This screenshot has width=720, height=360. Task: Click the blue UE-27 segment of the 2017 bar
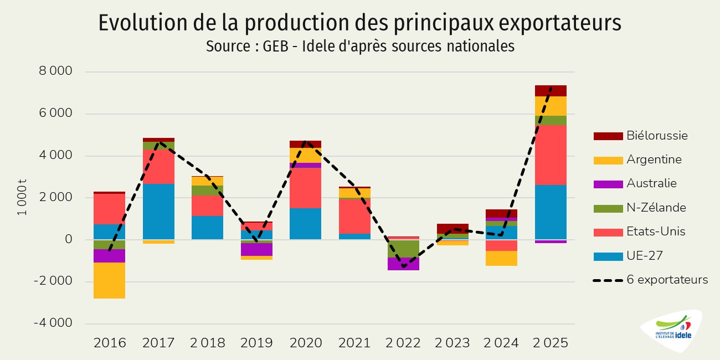[158, 212]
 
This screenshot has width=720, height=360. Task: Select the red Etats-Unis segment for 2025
[551, 155]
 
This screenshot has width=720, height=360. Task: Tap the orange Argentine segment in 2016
[109, 280]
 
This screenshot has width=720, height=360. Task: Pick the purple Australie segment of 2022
[403, 264]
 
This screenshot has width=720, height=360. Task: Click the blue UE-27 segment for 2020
[305, 224]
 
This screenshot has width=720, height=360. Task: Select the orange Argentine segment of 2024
[501, 258]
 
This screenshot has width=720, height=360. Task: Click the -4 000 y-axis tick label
[54, 323]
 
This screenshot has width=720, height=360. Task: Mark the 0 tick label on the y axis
[68, 239]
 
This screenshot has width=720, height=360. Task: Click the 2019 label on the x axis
[256, 343]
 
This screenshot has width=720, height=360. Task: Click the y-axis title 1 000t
[23, 197]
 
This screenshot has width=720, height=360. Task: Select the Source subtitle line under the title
[360, 47]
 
